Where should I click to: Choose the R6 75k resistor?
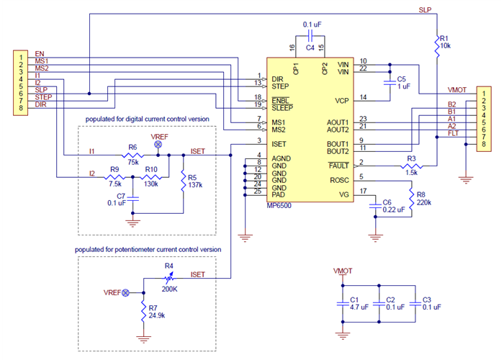[132, 154]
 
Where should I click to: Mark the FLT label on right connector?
[451, 133]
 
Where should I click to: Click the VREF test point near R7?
[125, 293]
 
